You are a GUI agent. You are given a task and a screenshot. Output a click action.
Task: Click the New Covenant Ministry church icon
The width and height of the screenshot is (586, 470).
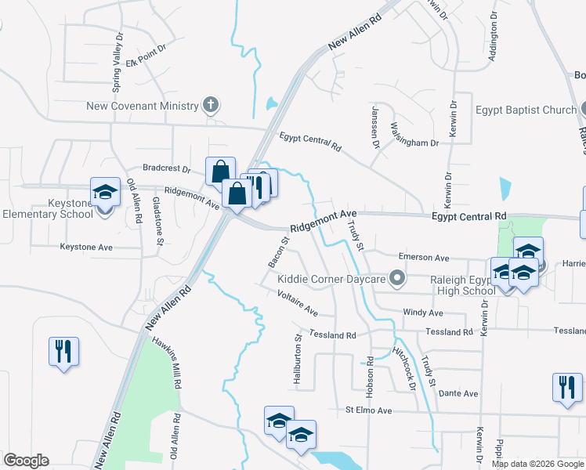209,105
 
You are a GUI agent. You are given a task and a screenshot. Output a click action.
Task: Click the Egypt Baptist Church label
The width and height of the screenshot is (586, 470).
526,110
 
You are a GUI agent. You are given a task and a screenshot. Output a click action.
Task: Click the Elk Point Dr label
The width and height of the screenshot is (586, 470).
146,51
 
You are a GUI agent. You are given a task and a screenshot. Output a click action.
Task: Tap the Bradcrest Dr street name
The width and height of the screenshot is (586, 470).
167,168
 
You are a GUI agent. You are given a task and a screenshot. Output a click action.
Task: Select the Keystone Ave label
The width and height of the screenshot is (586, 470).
86,247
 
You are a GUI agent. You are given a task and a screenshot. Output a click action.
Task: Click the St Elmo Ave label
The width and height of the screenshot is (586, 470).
368,410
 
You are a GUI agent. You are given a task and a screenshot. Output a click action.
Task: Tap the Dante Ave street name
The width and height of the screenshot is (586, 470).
458,393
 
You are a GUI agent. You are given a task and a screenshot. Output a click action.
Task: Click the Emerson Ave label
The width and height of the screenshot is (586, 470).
423,257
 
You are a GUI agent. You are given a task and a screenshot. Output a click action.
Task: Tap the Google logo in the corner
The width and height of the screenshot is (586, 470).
26,461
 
